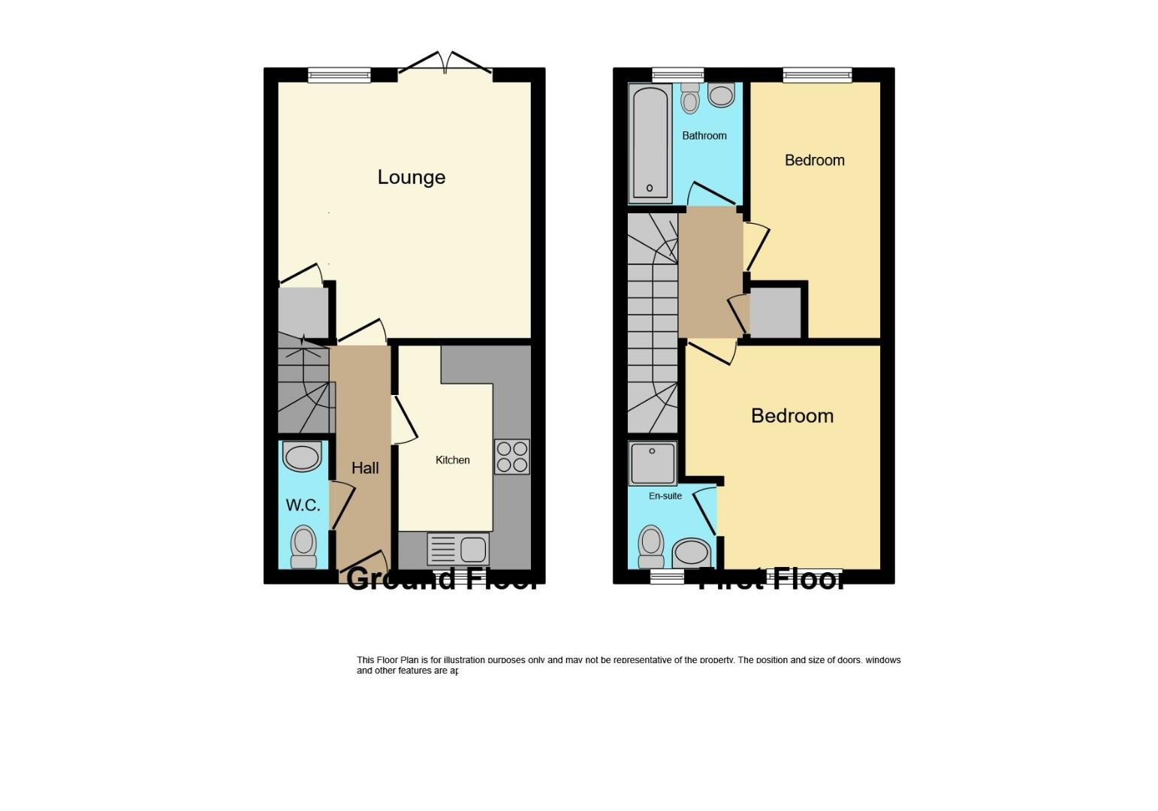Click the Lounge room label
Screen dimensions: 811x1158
411,177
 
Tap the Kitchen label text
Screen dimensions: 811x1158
452,460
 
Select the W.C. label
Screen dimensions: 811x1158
303,505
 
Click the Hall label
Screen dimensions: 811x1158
365,468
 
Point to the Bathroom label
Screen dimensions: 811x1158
704,136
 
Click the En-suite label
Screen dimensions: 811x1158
665,496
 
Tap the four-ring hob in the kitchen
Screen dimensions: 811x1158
511,457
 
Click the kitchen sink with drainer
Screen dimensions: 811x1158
457,549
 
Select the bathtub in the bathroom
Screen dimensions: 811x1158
650,143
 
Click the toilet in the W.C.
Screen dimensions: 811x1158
303,547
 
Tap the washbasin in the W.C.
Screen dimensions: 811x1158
302,457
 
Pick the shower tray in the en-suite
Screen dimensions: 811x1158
652,463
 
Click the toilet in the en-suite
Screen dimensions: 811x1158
651,546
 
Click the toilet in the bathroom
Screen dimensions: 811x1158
690,98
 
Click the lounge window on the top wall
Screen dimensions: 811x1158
339,74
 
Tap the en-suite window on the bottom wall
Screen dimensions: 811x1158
667,577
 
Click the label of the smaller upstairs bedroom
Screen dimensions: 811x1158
814,160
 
